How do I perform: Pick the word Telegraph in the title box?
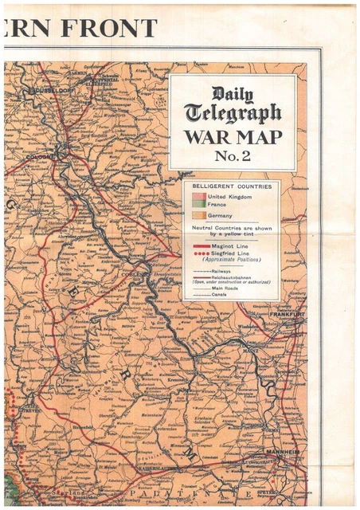pos(232,113)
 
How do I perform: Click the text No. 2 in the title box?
pos(232,155)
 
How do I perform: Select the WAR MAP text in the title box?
pos(232,136)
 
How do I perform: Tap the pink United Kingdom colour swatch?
pos(199,197)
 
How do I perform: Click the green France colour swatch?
pos(199,205)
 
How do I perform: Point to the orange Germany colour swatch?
pos(199,215)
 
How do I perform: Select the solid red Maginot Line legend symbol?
pos(201,247)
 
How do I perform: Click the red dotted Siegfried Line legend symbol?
pos(201,254)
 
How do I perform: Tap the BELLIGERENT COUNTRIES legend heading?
pos(232,186)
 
